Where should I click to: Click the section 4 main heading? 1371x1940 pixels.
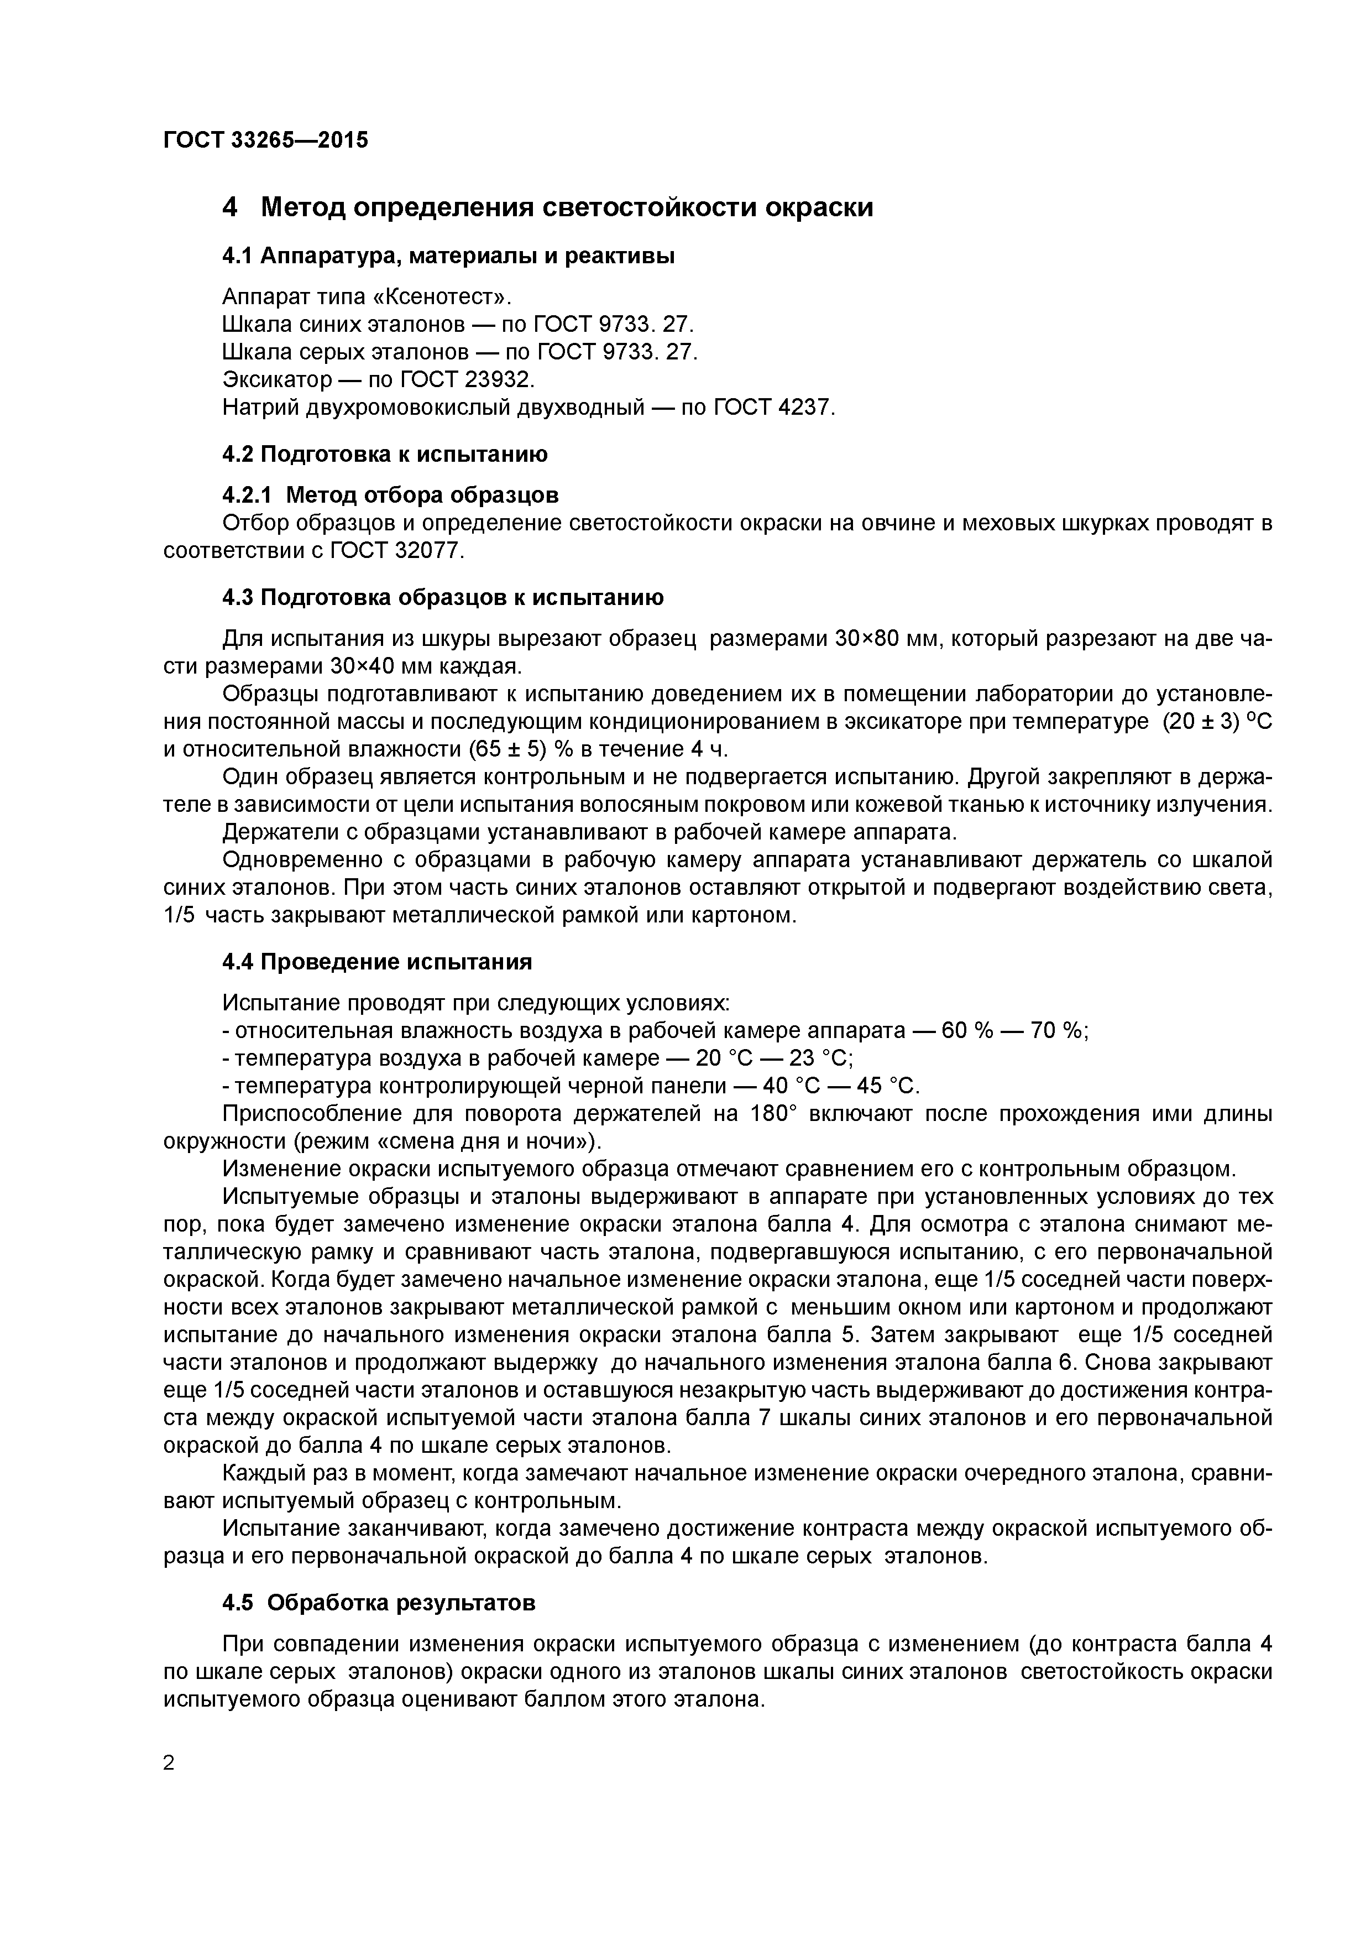point(547,207)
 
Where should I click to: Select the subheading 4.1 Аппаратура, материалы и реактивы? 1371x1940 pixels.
point(448,256)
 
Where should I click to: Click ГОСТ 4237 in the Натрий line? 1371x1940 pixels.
point(773,407)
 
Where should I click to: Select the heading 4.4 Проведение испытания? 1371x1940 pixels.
point(377,962)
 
